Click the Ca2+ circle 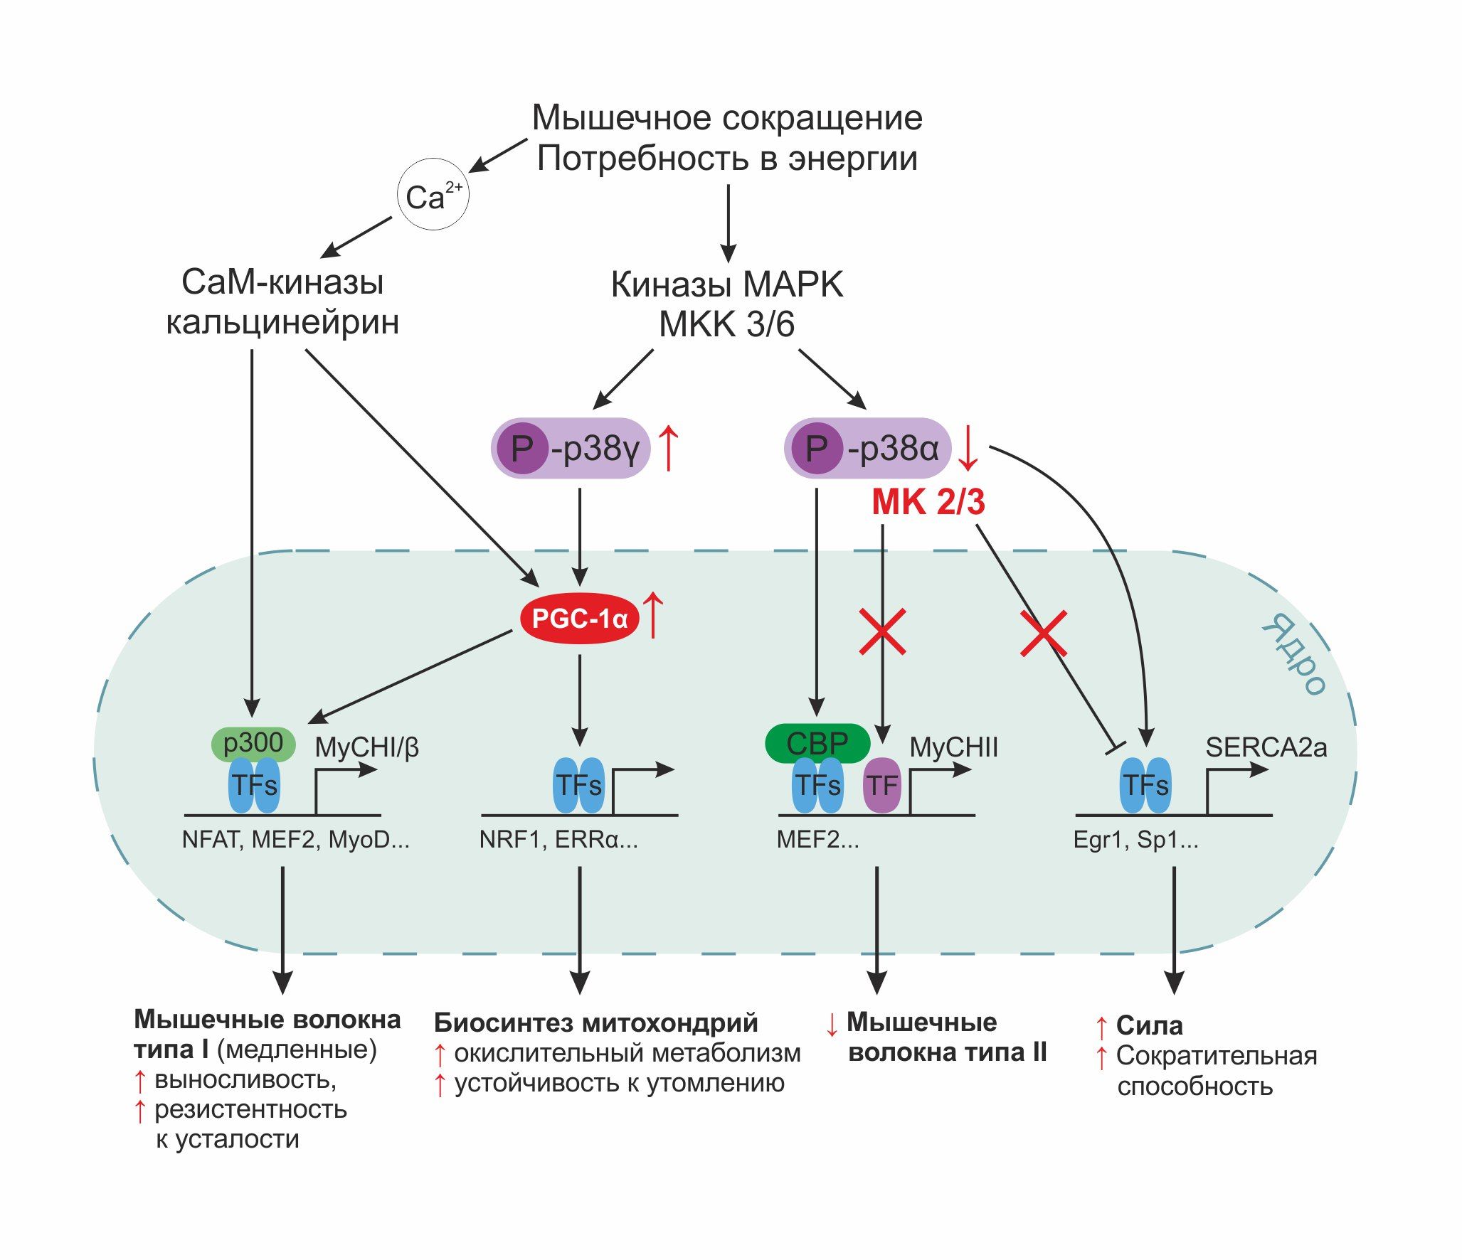433,195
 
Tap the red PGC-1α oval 579,619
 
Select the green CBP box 817,744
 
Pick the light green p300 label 253,743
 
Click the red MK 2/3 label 928,502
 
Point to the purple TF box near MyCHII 882,786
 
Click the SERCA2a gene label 1266,747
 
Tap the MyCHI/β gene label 366,747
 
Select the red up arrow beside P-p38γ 668,448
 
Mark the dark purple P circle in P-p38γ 521,448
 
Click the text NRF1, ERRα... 558,840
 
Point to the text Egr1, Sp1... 1135,840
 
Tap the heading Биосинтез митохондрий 596,1023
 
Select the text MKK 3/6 726,324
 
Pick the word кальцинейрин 282,322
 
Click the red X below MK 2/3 882,631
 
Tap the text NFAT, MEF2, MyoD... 295,840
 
